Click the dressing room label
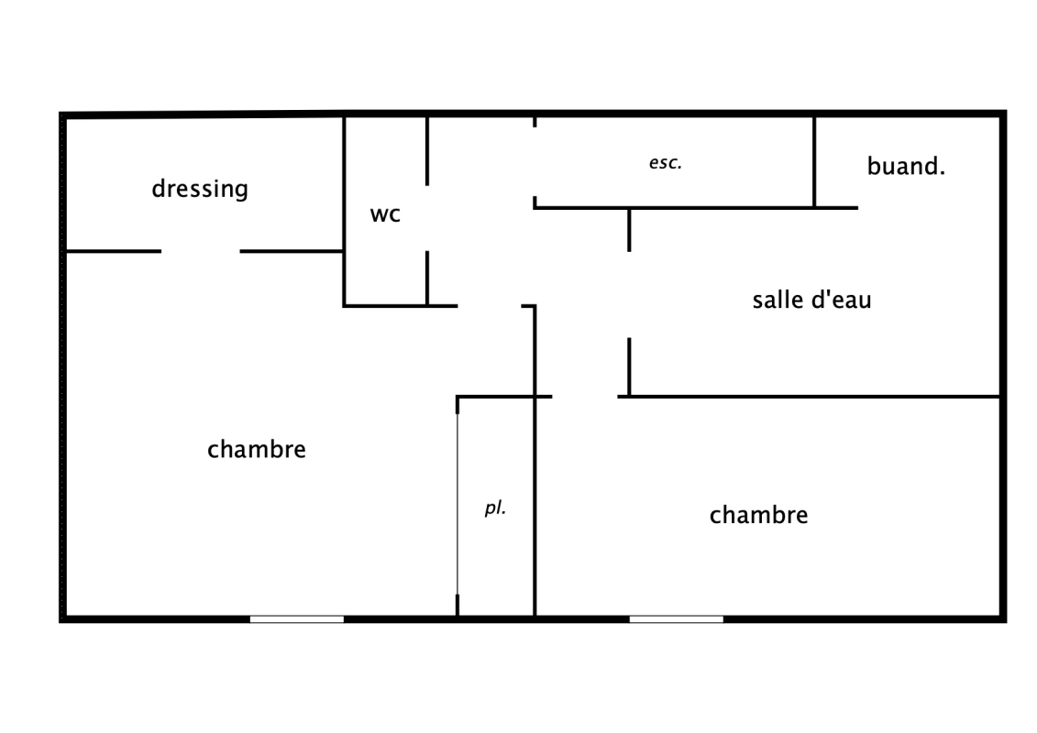[x=200, y=189]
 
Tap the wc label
[x=385, y=214]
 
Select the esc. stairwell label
[x=665, y=164]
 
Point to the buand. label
[x=906, y=167]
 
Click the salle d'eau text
[x=811, y=300]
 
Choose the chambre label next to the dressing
[x=256, y=450]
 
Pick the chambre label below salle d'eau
[x=758, y=515]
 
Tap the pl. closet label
[x=495, y=508]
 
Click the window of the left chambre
[x=297, y=619]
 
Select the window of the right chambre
[x=676, y=619]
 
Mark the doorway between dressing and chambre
[x=201, y=251]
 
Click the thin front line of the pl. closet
[x=458, y=504]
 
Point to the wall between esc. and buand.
[x=814, y=162]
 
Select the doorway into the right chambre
[x=585, y=397]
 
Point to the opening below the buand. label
[x=928, y=208]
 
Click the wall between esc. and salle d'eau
[x=697, y=208]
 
